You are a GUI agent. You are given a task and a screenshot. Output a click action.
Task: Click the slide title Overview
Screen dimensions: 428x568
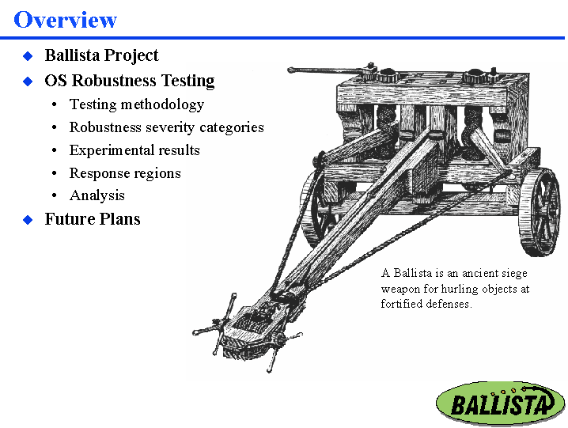[66, 19]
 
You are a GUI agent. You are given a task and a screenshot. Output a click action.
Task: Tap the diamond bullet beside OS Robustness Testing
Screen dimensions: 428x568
[27, 81]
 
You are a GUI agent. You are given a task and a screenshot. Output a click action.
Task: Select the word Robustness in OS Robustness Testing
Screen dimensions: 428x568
[114, 81]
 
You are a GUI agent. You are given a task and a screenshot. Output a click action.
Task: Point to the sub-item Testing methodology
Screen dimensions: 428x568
[136, 104]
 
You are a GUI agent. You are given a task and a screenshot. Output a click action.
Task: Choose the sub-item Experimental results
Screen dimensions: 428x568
[134, 150]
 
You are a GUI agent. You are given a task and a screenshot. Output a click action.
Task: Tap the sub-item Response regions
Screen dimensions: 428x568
[125, 173]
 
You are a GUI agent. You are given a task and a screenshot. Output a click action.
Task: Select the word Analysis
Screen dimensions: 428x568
[97, 195]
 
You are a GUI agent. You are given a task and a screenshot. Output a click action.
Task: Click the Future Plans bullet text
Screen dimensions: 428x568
[93, 219]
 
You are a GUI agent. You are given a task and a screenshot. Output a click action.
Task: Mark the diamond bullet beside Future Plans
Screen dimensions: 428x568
[27, 220]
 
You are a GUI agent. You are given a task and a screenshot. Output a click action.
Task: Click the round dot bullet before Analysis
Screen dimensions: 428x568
[53, 196]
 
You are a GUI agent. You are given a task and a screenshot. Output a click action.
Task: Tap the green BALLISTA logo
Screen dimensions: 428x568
[500, 403]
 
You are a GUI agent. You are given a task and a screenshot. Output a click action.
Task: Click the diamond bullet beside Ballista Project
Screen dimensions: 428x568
[27, 56]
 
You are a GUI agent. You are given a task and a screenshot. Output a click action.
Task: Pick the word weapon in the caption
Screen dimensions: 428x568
[402, 289]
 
